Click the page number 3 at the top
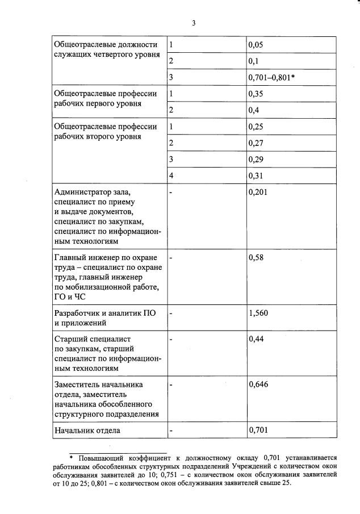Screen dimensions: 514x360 [193, 23]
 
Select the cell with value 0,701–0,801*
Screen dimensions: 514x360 [271, 76]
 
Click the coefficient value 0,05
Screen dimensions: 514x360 [257, 44]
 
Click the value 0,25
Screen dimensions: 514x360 [257, 127]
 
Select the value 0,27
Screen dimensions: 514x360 [257, 143]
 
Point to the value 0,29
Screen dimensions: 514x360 [257, 160]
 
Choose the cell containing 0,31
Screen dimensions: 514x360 [257, 175]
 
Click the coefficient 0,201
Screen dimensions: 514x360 [258, 193]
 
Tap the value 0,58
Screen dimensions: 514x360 [257, 258]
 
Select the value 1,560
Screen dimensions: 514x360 [258, 312]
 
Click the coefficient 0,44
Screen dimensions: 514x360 [257, 339]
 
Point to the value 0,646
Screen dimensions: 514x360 [258, 385]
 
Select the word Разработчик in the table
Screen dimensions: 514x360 [77, 313]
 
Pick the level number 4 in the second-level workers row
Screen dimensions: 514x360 [171, 175]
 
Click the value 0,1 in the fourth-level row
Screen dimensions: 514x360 [254, 60]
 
